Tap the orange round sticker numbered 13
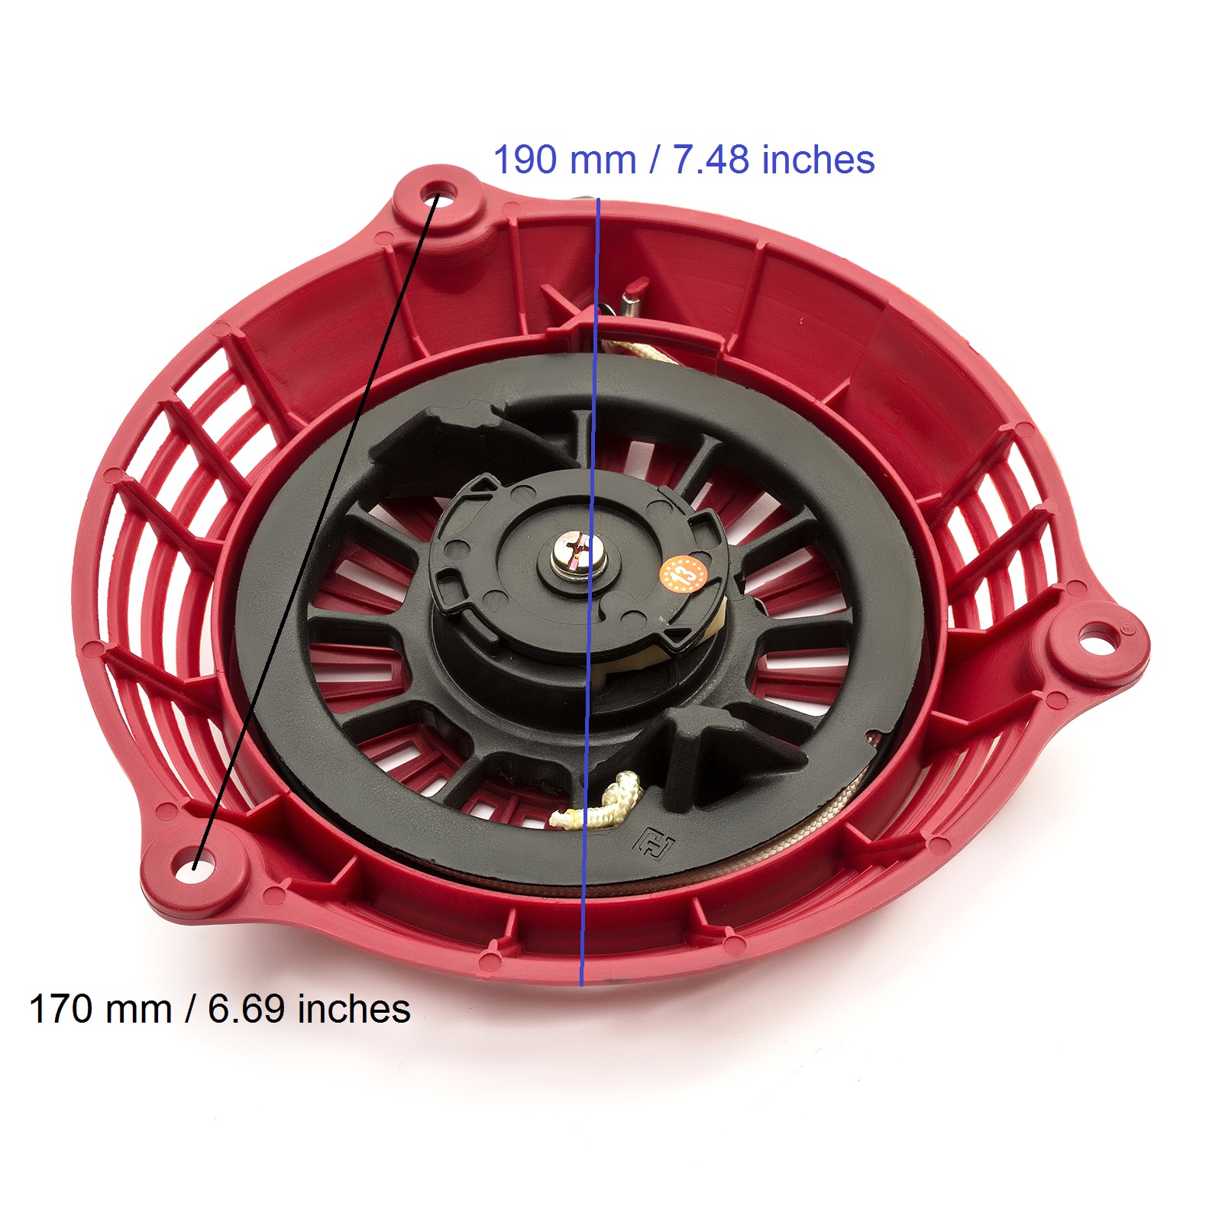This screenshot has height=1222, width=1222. [680, 574]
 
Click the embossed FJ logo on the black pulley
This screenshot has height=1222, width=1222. [655, 842]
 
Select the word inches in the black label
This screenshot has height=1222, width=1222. [354, 1009]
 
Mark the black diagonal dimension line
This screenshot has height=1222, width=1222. [313, 535]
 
